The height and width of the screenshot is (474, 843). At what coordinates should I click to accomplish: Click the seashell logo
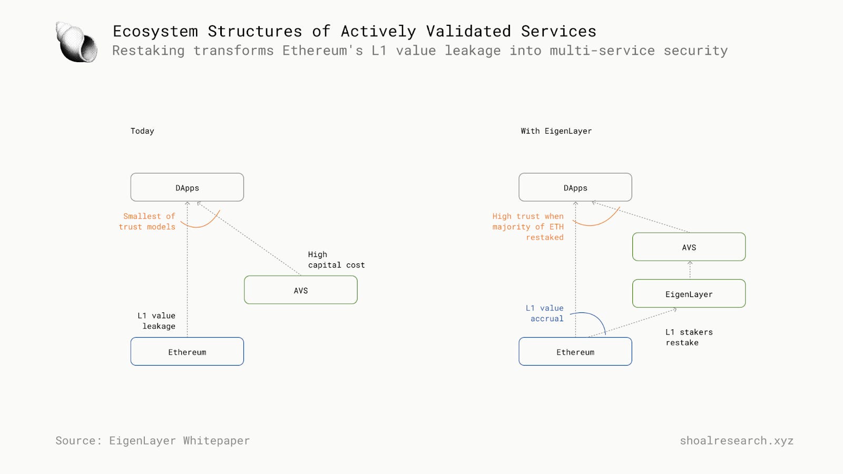tap(77, 43)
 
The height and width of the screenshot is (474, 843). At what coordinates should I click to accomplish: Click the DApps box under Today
tap(187, 187)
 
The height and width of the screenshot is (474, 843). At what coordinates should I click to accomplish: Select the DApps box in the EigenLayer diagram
tap(575, 187)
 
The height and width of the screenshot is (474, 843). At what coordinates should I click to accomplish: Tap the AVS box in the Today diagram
tap(300, 290)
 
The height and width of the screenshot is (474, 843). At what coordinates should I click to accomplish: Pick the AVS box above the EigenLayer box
tap(689, 247)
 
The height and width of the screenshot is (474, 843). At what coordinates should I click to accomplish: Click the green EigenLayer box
tap(689, 294)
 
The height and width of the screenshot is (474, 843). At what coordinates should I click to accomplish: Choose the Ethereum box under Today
tap(187, 352)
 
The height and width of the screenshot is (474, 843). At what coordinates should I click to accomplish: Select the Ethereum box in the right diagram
tap(575, 352)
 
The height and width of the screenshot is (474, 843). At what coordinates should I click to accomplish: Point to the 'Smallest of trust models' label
tap(147, 221)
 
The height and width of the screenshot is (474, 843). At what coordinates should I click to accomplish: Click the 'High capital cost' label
tap(336, 260)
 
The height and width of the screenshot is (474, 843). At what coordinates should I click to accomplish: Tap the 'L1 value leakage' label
tap(156, 321)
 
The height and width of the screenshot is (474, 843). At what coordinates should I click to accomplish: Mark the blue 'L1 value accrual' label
tap(545, 313)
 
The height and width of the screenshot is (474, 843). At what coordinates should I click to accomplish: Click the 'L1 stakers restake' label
tap(689, 337)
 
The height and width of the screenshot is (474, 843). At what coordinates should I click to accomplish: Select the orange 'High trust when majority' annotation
tap(528, 226)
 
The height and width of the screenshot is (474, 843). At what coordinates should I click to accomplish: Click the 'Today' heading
tap(142, 131)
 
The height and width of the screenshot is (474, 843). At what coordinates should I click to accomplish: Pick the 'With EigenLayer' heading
tap(556, 131)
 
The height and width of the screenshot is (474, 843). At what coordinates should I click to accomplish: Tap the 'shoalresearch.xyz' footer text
tap(736, 440)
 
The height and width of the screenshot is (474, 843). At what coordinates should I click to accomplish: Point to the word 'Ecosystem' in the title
tap(155, 31)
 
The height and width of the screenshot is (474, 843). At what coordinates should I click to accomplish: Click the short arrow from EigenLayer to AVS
tap(690, 270)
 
